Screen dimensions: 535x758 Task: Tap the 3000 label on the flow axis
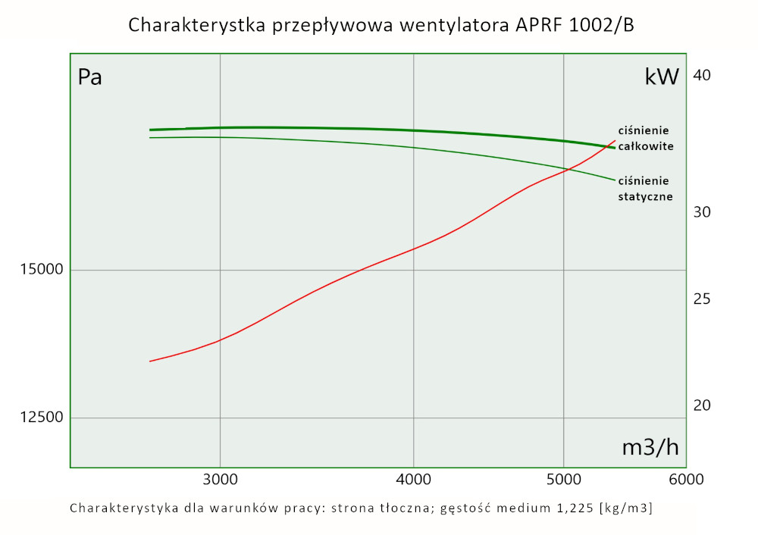click(220, 480)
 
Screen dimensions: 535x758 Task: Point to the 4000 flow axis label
click(413, 480)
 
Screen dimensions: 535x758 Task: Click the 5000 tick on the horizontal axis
click(563, 480)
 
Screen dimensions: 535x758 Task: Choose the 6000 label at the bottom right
click(685, 480)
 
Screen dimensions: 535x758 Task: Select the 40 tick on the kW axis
click(702, 75)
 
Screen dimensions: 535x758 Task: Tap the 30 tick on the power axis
click(702, 212)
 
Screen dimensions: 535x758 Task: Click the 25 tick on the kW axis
click(702, 299)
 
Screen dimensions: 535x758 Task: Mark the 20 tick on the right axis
click(702, 405)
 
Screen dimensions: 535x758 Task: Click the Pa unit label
click(90, 77)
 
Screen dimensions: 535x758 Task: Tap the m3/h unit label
click(650, 447)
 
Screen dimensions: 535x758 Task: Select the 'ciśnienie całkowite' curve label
click(646, 138)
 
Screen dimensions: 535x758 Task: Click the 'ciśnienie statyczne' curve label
click(646, 188)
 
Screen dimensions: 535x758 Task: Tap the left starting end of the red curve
click(150, 361)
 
